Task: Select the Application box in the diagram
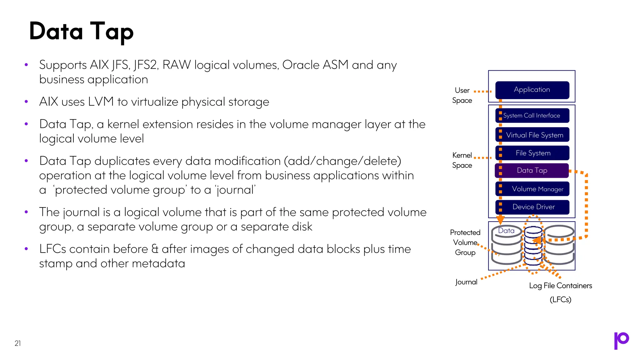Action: pyautogui.click(x=532, y=90)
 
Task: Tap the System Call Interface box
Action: pyautogui.click(x=532, y=116)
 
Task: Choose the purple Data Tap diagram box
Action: pyautogui.click(x=532, y=171)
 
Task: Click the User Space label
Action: pyautogui.click(x=462, y=95)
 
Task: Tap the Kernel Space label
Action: pyautogui.click(x=462, y=160)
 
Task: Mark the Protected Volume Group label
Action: pyautogui.click(x=465, y=242)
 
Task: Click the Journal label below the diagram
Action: pyautogui.click(x=466, y=282)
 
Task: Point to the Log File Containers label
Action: pyautogui.click(x=560, y=286)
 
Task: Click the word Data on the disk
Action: pyautogui.click(x=506, y=231)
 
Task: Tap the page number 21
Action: pyautogui.click(x=18, y=343)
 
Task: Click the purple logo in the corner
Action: pyautogui.click(x=621, y=340)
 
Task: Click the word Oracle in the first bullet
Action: pyautogui.click(x=300, y=65)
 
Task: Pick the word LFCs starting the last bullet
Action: pyautogui.click(x=52, y=249)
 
